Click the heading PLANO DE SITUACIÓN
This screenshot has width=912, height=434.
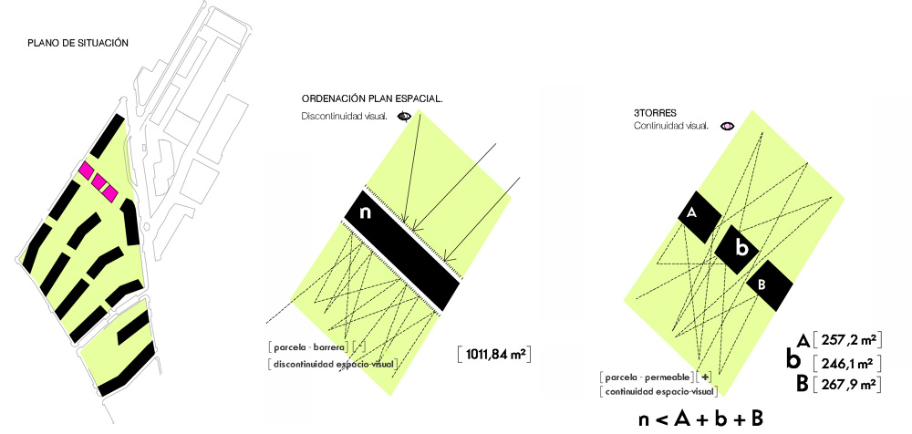[x=78, y=44]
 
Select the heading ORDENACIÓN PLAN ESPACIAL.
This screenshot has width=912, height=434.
[x=372, y=98]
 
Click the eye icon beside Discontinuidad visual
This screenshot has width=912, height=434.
[x=404, y=117]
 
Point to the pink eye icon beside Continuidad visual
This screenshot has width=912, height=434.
[x=728, y=126]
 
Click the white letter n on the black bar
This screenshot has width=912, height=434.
[x=365, y=212]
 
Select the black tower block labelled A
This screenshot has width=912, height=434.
[x=700, y=217]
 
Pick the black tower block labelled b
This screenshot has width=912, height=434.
[x=737, y=249]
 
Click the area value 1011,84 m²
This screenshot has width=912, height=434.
[x=494, y=355]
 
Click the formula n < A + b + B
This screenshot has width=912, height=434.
[x=700, y=419]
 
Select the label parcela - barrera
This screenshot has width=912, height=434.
[x=310, y=348]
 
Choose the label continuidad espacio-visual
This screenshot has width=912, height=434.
[x=659, y=392]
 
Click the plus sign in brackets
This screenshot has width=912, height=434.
[x=707, y=377]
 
